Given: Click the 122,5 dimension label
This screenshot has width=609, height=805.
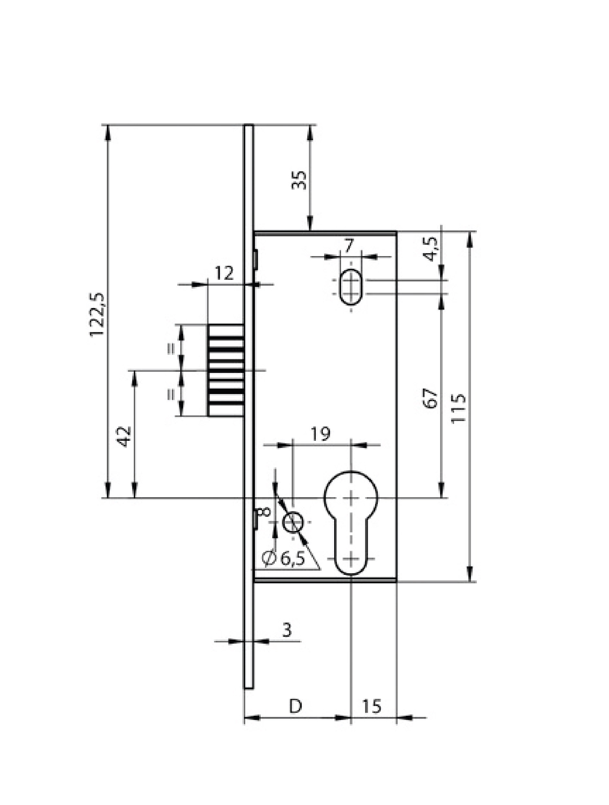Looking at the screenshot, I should click(98, 315).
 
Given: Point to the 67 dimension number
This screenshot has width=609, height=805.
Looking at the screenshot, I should click(431, 399).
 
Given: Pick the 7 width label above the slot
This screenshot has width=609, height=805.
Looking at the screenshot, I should click(349, 246).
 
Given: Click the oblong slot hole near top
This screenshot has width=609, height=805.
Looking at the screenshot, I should click(351, 286).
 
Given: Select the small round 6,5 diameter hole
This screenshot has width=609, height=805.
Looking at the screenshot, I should click(293, 522).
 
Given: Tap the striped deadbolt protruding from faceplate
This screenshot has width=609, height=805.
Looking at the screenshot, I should click(226, 370).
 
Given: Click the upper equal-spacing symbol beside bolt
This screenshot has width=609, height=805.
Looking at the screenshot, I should click(171, 348).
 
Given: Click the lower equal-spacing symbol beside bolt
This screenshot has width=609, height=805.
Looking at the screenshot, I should click(171, 394).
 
